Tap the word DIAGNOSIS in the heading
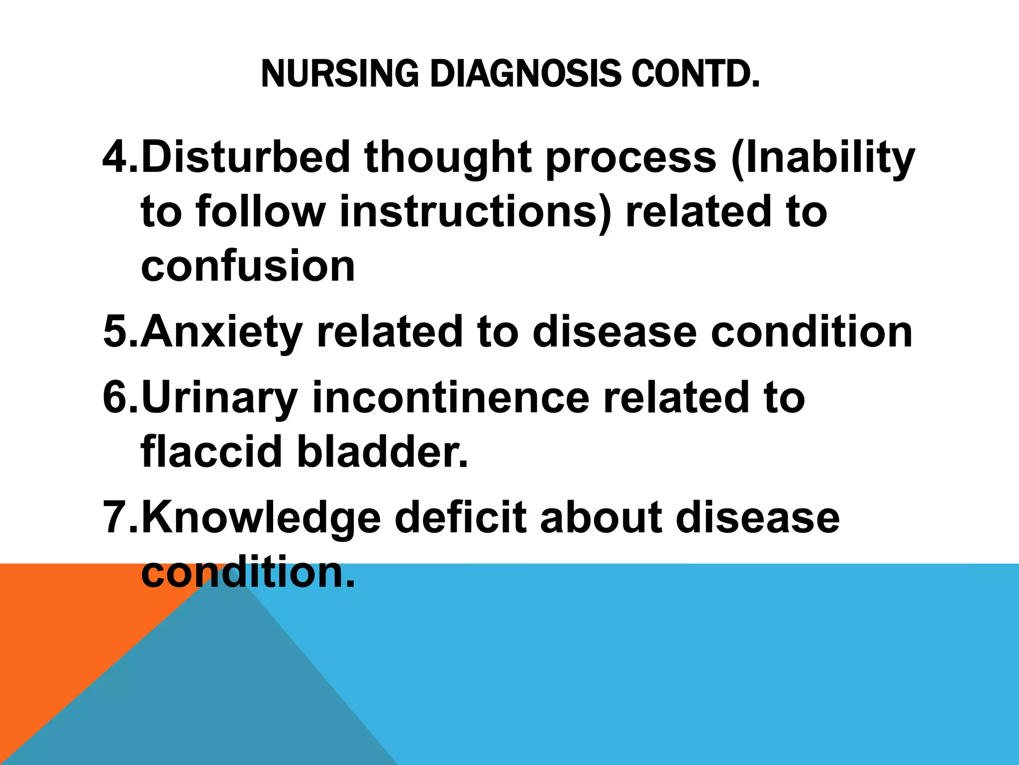[x=524, y=74]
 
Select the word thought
[x=448, y=158]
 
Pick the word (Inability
[x=823, y=158]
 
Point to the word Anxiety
[x=222, y=332]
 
